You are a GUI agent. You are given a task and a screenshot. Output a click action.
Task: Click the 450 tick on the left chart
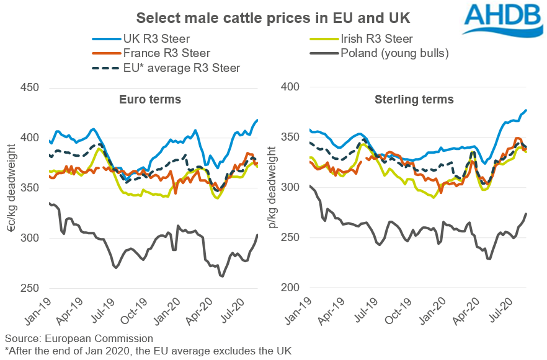(32, 87)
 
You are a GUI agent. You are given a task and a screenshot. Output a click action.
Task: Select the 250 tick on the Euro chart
(32, 288)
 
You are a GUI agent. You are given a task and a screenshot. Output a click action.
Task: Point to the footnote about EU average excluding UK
(148, 351)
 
